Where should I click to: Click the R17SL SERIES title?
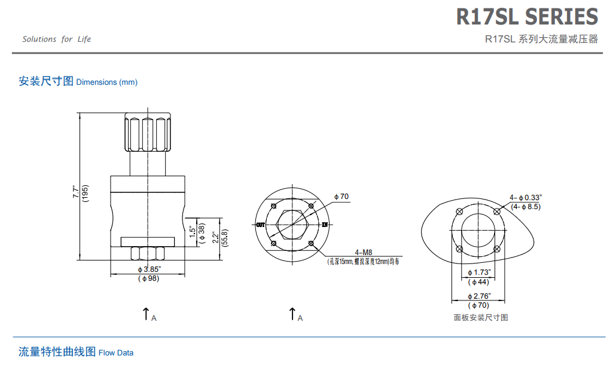(x=527, y=17)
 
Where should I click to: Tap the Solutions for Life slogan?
(x=57, y=39)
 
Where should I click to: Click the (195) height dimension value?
(x=86, y=192)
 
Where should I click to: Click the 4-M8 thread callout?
(x=363, y=252)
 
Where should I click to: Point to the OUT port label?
(x=261, y=225)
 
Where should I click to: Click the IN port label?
(x=325, y=225)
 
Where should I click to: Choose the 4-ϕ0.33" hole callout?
(x=526, y=197)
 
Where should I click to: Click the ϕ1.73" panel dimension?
(x=478, y=272)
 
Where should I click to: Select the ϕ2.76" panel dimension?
(x=478, y=296)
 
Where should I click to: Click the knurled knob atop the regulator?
(x=147, y=133)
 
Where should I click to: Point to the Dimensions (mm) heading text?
(x=106, y=82)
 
